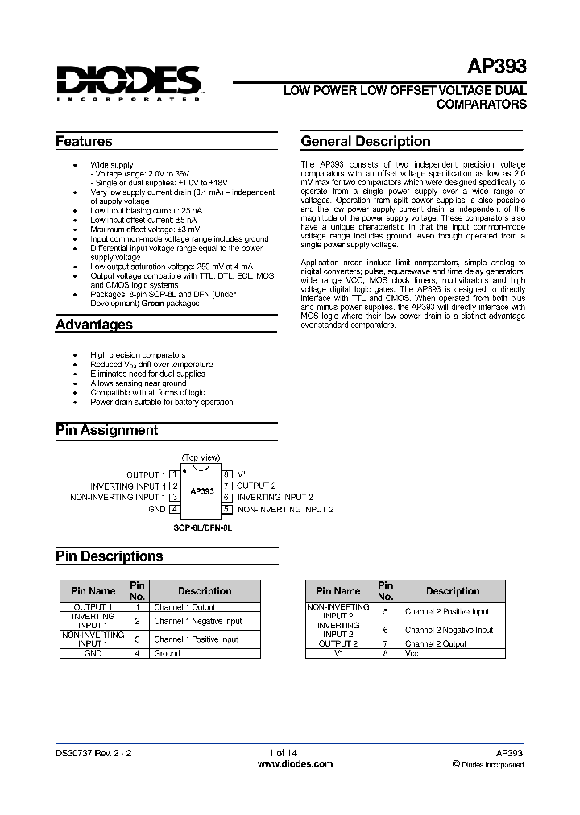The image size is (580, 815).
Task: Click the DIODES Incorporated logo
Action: pyautogui.click(x=128, y=83)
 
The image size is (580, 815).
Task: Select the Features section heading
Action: pyautogui.click(x=84, y=142)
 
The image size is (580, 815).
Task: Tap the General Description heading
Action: pyautogui.click(x=366, y=142)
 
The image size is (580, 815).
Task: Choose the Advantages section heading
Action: pyautogui.click(x=93, y=325)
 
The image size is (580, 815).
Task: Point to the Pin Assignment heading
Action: pyautogui.click(x=106, y=430)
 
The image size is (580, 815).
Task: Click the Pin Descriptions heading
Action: pyautogui.click(x=109, y=556)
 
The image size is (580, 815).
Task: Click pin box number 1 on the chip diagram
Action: pyautogui.click(x=174, y=475)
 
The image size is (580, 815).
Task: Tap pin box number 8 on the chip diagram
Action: pyautogui.click(x=227, y=475)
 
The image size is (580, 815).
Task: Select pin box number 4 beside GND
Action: pyautogui.click(x=174, y=509)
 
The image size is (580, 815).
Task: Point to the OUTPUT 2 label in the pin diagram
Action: pyautogui.click(x=256, y=486)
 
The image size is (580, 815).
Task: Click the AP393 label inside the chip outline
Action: pyautogui.click(x=201, y=490)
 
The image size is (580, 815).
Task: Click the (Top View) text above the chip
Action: pyautogui.click(x=201, y=457)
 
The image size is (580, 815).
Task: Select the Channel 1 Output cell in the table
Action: pyautogui.click(x=184, y=607)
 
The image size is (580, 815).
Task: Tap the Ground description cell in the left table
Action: pyautogui.click(x=168, y=653)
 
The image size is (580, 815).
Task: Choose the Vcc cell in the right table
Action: pyautogui.click(x=412, y=653)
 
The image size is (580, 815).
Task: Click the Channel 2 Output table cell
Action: pyautogui.click(x=436, y=644)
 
